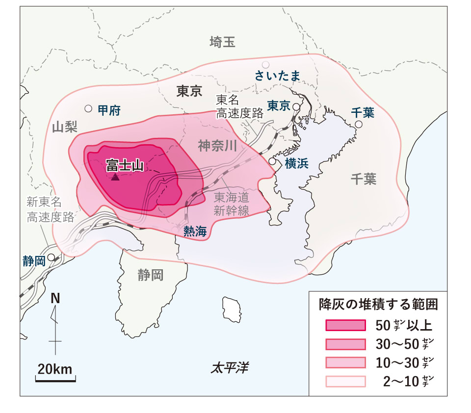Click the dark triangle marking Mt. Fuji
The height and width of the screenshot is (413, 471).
coord(115,177)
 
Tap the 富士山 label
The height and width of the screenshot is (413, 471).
coord(125,166)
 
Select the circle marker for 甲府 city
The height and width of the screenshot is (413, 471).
coord(88,108)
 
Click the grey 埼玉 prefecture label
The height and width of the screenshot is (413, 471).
coord(222,42)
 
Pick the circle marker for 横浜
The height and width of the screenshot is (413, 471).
coord(272,161)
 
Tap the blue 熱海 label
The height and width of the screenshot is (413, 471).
coord(195,232)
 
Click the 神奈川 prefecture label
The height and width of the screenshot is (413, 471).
coord(218,146)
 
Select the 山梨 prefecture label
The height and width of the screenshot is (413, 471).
coord(65,128)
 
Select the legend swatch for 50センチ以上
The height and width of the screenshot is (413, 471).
coord(345,325)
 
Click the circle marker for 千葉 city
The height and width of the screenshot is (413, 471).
coord(359,125)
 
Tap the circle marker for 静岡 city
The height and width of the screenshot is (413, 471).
coord(51,257)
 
